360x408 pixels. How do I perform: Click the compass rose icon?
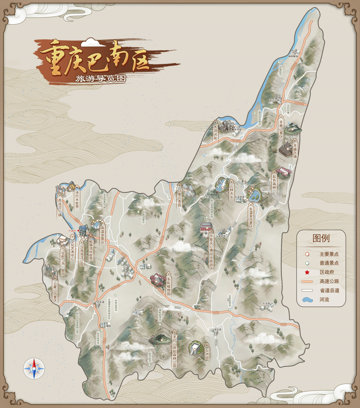34,368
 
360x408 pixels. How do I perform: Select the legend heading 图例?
321,238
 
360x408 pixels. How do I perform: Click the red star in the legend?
307,272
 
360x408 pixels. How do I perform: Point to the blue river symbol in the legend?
307,300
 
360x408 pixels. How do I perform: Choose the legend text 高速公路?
329,282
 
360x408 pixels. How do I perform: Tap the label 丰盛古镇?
295,151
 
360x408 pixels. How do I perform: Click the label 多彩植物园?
168,285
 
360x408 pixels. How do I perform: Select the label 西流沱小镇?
60,207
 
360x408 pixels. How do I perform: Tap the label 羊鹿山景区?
281,129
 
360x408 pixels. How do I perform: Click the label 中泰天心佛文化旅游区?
211,252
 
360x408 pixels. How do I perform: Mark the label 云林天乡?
232,191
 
